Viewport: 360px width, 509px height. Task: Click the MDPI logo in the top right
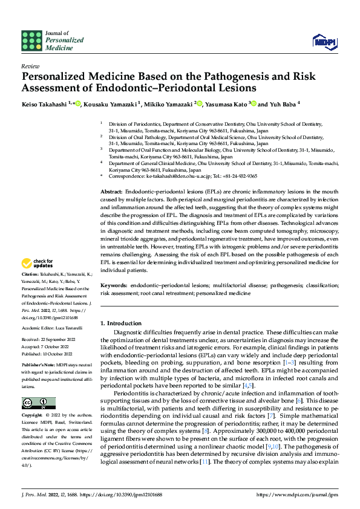pyautogui.click(x=324, y=41)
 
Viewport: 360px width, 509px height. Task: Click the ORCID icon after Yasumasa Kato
pyautogui.click(x=254, y=104)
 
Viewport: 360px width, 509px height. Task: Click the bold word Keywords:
pyautogui.click(x=114, y=284)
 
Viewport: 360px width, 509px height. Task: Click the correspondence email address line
pyautogui.click(x=182, y=176)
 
